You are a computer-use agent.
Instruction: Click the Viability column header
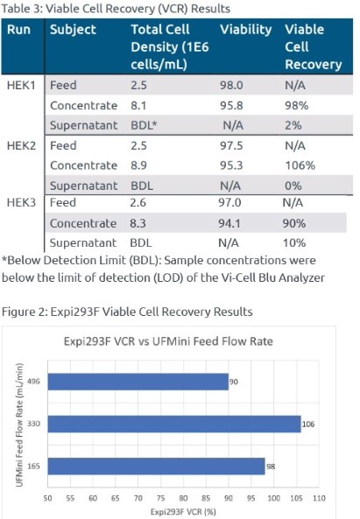(x=245, y=30)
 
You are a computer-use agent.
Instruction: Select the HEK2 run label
(x=21, y=145)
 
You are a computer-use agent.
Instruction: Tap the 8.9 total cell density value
(x=138, y=165)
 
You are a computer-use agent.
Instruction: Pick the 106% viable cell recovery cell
(x=300, y=165)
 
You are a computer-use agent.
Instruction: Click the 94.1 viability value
(x=229, y=223)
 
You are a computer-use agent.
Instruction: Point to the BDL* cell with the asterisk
(x=144, y=125)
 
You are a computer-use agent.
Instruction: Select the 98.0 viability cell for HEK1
(x=231, y=85)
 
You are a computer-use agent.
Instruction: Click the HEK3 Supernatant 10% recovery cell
(x=293, y=243)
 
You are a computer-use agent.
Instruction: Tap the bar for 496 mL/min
(x=138, y=382)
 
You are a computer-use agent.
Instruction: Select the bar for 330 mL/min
(x=174, y=424)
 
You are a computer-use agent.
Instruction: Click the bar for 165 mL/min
(x=156, y=466)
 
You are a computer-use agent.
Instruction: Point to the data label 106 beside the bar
(x=308, y=424)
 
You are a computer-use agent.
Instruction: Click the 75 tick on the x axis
(x=160, y=498)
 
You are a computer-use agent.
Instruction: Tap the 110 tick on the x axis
(x=319, y=498)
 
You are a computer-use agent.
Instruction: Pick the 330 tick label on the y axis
(x=33, y=424)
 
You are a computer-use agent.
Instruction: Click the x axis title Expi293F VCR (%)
(x=183, y=512)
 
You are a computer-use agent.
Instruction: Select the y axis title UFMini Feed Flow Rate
(x=19, y=425)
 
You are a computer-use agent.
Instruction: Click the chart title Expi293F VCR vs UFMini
(x=168, y=341)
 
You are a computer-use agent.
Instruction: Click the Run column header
(x=18, y=30)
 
